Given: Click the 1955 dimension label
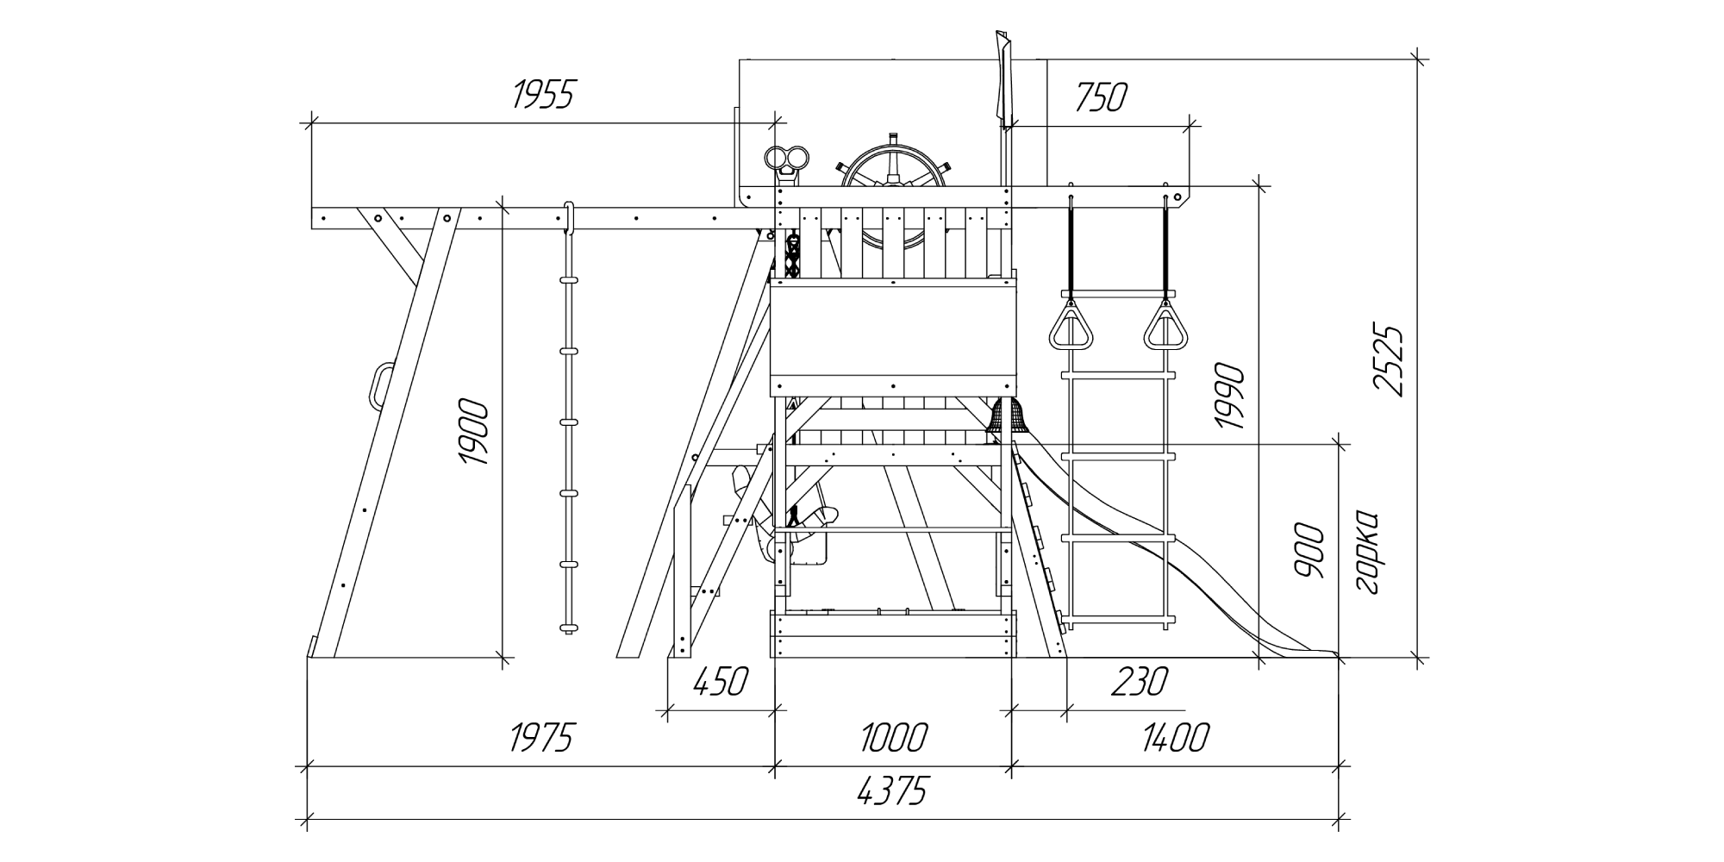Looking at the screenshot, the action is tap(543, 95).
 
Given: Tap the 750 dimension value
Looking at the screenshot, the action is tap(1101, 98).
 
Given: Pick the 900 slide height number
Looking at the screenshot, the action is tap(1309, 550).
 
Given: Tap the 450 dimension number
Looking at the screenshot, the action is tap(720, 682).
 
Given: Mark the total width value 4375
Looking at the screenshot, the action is tap(892, 791).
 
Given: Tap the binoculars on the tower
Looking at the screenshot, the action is tap(788, 162).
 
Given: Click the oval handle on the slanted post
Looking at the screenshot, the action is tap(380, 385).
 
